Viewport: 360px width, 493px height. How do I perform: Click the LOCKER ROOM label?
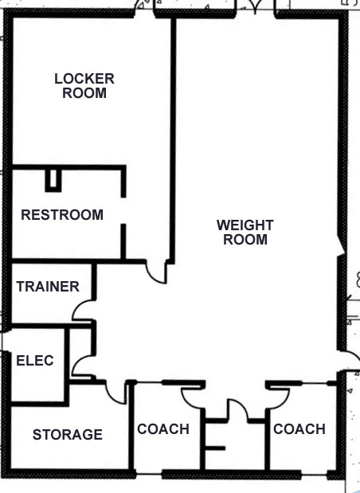tap(84, 86)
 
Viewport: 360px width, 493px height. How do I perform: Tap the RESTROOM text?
tap(62, 215)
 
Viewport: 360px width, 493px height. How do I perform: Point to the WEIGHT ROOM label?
tap(245, 233)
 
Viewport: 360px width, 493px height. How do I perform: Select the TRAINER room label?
tap(48, 287)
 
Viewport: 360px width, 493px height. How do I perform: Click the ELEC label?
tap(35, 360)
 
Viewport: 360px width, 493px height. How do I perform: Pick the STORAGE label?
tap(68, 435)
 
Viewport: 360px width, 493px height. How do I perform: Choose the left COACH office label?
tap(163, 429)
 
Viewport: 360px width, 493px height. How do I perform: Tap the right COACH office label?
tap(299, 429)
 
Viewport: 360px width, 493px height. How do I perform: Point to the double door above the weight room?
tap(255, 7)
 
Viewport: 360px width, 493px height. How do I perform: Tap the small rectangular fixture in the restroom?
tap(53, 180)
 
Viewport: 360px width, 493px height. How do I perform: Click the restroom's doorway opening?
tap(123, 210)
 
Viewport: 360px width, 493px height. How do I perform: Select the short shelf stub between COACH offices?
tap(215, 448)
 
